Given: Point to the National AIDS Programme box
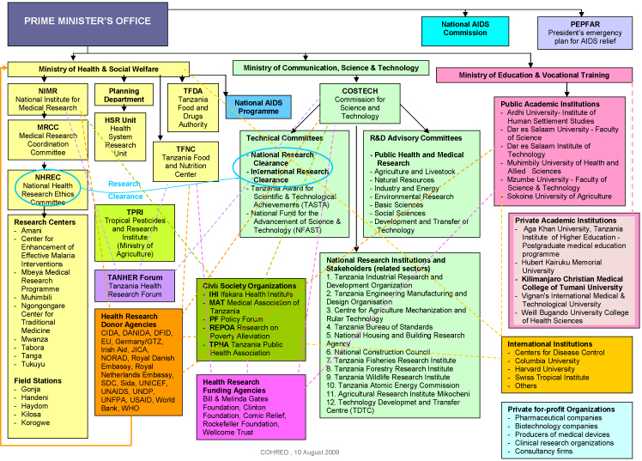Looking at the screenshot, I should tap(259, 106).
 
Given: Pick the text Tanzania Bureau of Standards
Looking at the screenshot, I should tap(378, 302).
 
